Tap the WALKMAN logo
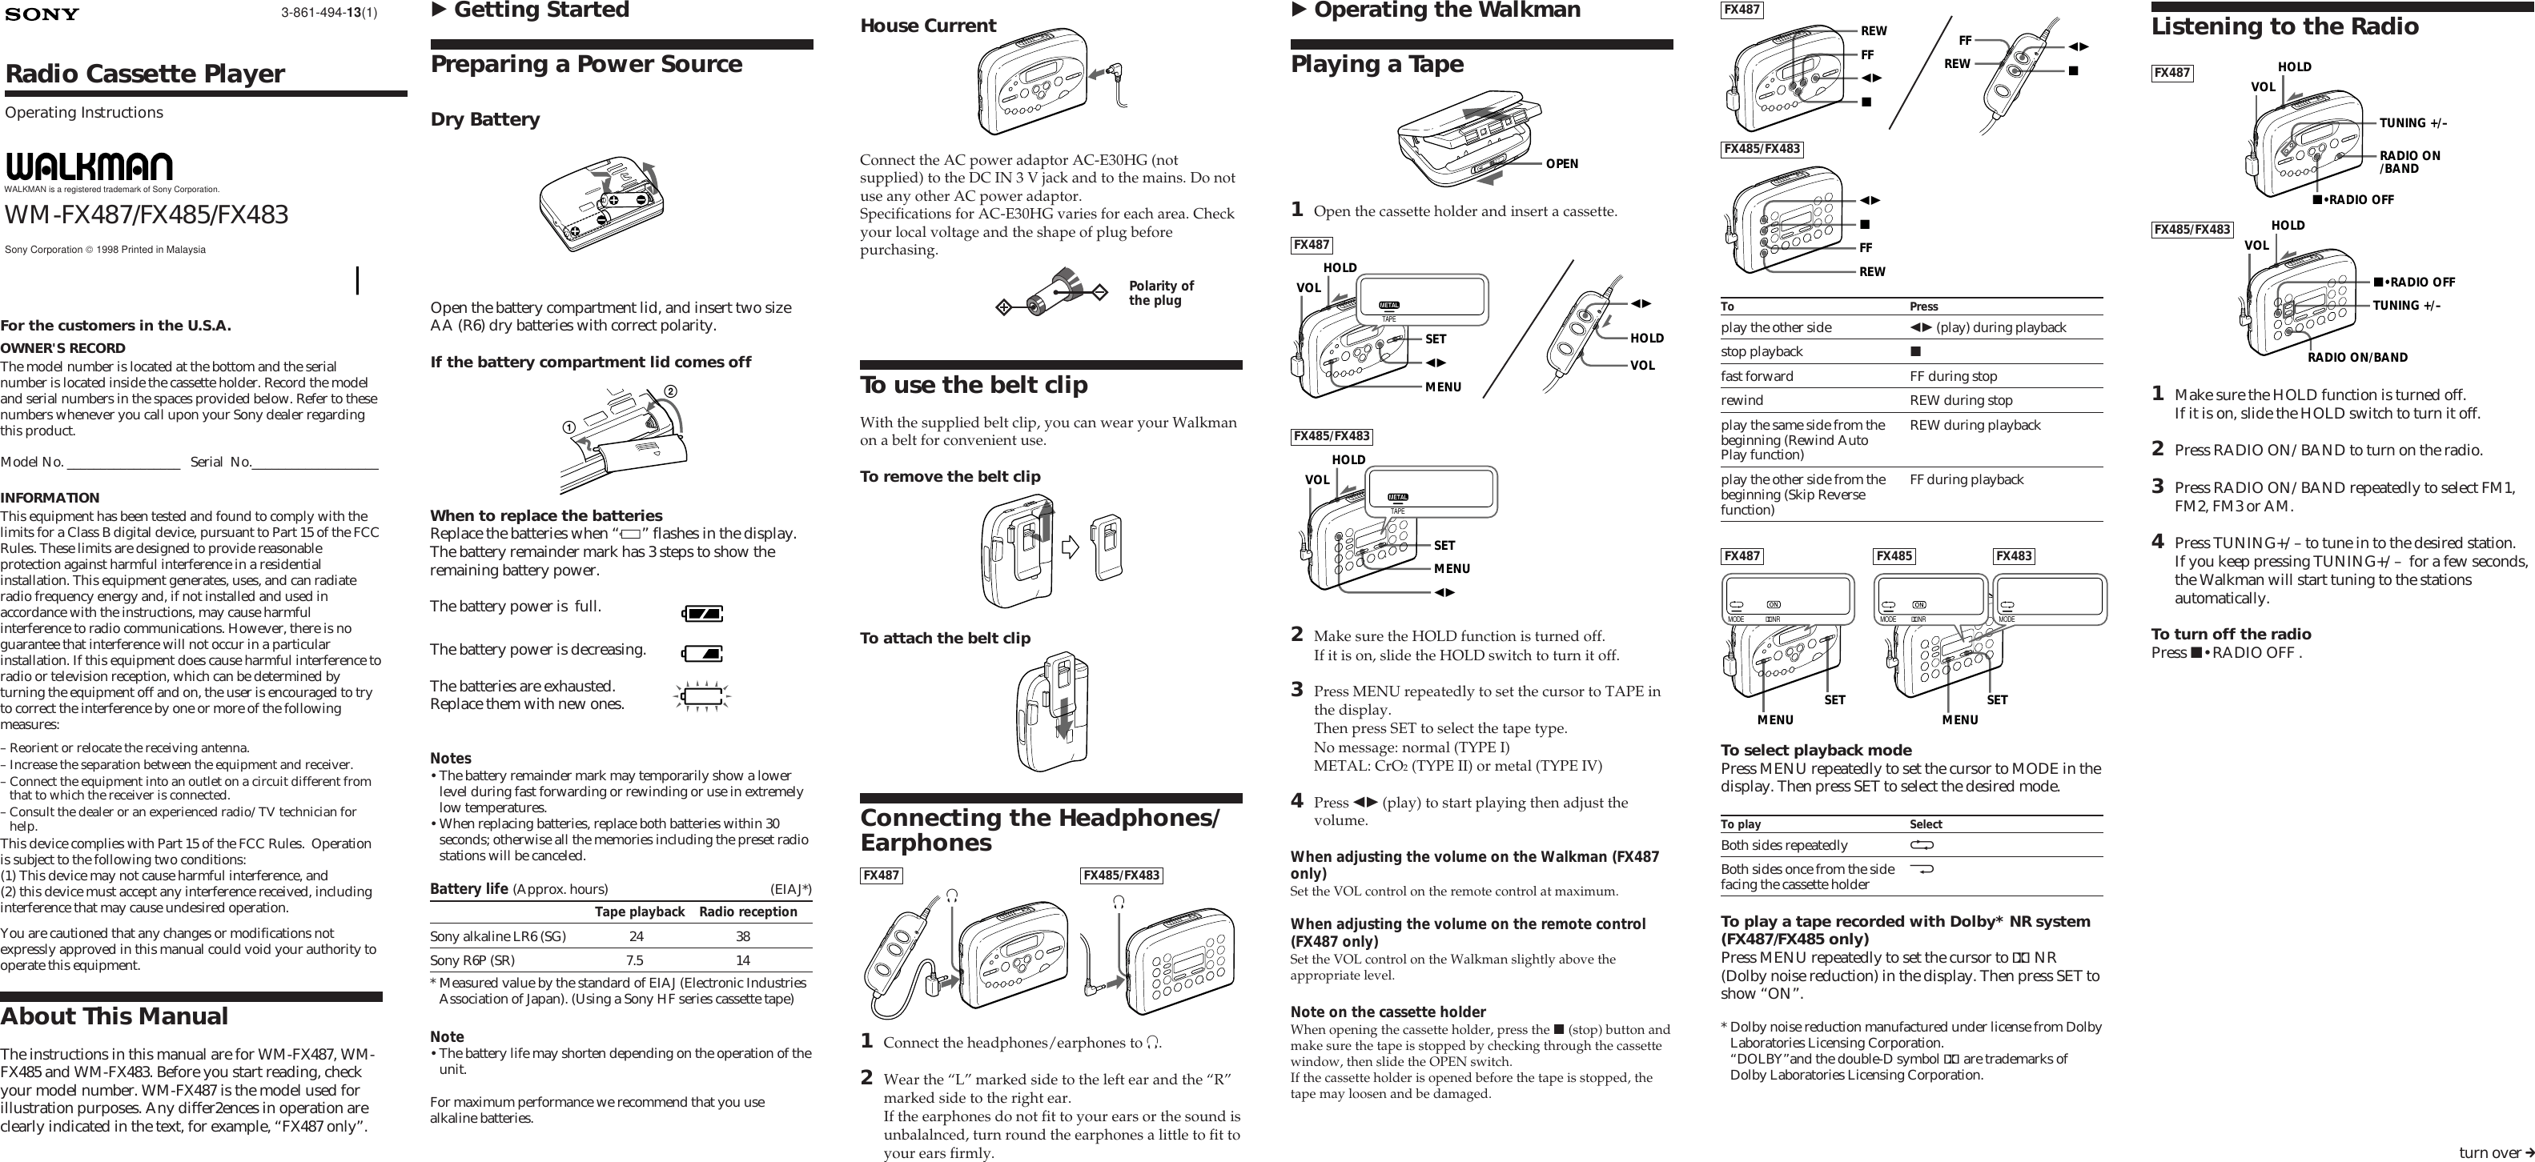pos(89,166)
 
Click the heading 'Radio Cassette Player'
pos(145,74)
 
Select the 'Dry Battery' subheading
pos(485,119)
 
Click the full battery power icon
pos(701,614)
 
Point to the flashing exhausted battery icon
pos(701,696)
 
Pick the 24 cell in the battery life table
pos(637,936)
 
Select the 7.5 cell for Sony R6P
pos(635,960)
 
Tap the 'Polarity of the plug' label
pos(1161,293)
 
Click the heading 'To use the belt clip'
pos(974,385)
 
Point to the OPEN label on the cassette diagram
pos(1561,164)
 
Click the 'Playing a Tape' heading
pos(1376,64)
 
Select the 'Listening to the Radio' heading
pos(2284,26)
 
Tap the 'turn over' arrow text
pos(2496,1152)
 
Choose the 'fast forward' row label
pos(1757,376)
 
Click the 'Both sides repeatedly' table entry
pos(1783,845)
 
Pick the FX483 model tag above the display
pos(2014,556)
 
